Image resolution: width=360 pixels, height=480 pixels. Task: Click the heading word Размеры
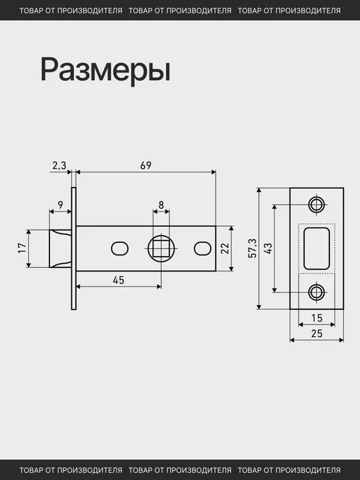pyautogui.click(x=105, y=70)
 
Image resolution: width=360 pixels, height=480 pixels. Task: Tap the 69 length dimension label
pyautogui.click(x=146, y=165)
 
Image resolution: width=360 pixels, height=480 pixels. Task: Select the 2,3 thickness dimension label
pyautogui.click(x=59, y=165)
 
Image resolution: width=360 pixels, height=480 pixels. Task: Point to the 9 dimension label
pyautogui.click(x=60, y=204)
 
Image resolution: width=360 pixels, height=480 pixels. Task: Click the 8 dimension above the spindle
pyautogui.click(x=161, y=204)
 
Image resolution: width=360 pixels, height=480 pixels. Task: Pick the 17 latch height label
pyautogui.click(x=22, y=248)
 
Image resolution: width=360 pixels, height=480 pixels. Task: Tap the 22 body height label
pyautogui.click(x=225, y=248)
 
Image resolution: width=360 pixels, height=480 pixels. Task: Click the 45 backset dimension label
pyautogui.click(x=119, y=280)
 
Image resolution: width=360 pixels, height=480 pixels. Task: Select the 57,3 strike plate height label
pyautogui.click(x=253, y=248)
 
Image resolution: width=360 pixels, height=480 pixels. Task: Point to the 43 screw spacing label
pyautogui.click(x=267, y=248)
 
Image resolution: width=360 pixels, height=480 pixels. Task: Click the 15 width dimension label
pyautogui.click(x=317, y=318)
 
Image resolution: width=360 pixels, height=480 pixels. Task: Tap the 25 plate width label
pyautogui.click(x=317, y=333)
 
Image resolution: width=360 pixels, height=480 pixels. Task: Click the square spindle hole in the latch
pyautogui.click(x=161, y=248)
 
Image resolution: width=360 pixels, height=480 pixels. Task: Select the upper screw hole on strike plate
pyautogui.click(x=317, y=204)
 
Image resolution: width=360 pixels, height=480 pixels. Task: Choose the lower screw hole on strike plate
pyautogui.click(x=317, y=292)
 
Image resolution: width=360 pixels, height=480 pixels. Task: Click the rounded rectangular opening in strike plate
pyautogui.click(x=317, y=248)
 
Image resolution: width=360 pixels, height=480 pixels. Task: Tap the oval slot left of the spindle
pyautogui.click(x=119, y=248)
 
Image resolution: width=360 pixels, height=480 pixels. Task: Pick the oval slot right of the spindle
pyautogui.click(x=202, y=248)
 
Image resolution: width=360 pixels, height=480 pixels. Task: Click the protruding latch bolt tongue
pyautogui.click(x=60, y=248)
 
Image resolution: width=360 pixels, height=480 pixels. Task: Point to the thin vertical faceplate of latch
pyautogui.click(x=74, y=248)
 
